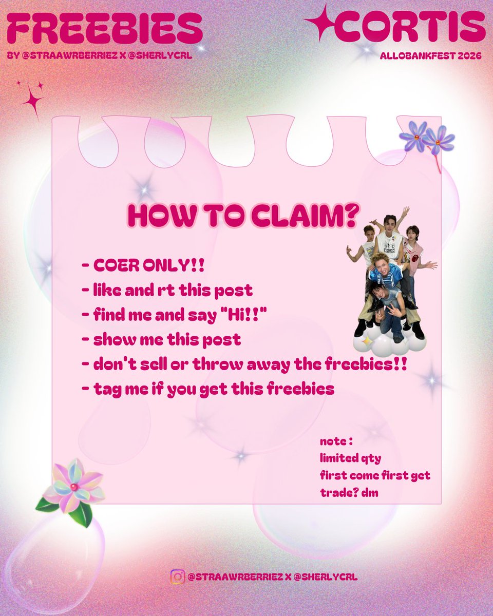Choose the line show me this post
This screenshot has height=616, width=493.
(x=161, y=340)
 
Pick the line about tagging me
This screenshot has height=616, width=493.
(x=208, y=389)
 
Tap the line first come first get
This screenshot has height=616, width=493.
(x=375, y=475)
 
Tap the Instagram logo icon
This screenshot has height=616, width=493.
(x=177, y=576)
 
